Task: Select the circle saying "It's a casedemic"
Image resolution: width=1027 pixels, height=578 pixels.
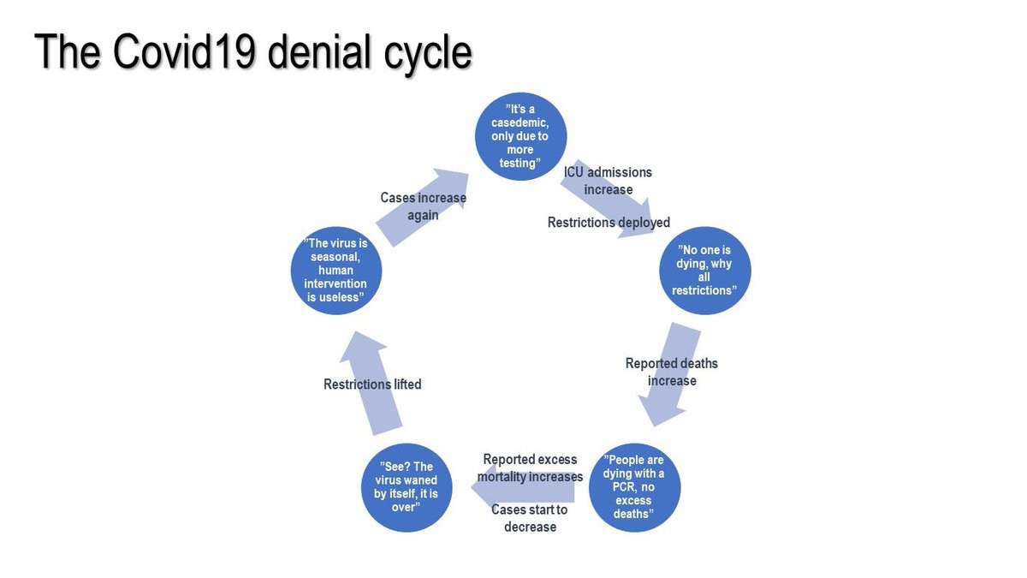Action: [520, 136]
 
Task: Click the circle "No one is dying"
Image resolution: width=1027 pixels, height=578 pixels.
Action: [704, 270]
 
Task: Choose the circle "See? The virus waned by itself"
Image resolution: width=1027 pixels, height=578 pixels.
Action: [406, 487]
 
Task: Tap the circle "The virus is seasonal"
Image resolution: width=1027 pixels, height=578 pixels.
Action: [336, 270]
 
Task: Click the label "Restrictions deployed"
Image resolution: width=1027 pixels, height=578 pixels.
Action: [608, 223]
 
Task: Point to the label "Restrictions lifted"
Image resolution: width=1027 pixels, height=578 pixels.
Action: [372, 384]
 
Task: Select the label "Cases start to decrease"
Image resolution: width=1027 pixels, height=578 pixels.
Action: [529, 518]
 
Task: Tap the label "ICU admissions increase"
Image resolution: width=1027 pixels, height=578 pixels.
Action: [608, 181]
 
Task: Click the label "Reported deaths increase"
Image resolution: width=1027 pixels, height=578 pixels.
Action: [672, 372]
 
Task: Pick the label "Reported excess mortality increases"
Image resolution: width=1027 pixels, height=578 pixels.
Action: [530, 468]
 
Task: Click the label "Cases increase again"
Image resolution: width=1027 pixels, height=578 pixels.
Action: [423, 206]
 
